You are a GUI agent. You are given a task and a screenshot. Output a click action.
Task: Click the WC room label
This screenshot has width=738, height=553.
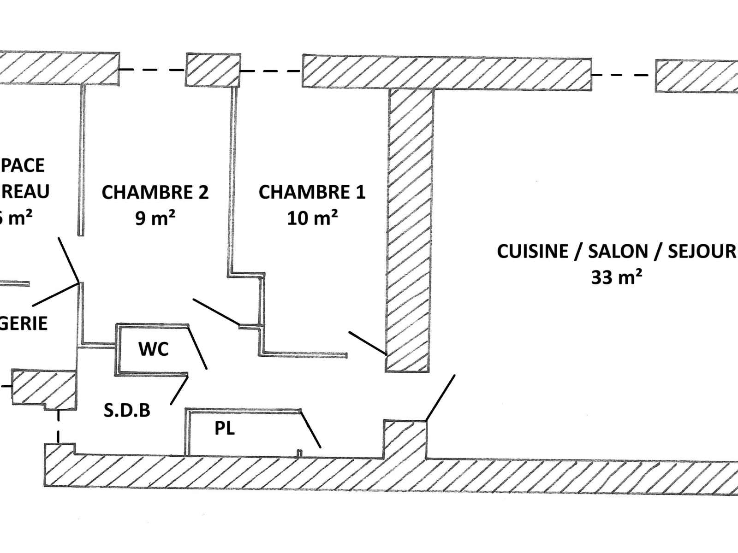pos(154,349)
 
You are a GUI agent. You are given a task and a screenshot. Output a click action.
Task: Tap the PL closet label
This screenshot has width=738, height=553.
pos(225,429)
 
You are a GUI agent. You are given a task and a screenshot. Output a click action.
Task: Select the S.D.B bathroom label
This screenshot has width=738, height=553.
pos(127,410)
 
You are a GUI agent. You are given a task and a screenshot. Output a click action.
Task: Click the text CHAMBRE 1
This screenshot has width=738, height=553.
pos(312,192)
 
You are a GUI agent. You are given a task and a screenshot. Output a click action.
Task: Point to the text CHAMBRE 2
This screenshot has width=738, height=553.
pos(155,192)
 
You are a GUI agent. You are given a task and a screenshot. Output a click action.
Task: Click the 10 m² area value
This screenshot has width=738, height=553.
pos(312,218)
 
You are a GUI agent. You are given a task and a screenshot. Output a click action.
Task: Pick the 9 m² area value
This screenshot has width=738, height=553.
pos(155,218)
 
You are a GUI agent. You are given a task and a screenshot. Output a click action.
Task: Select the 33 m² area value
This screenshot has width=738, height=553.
pos(617,277)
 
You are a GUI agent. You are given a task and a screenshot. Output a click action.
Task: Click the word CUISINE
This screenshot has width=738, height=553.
pos(532,252)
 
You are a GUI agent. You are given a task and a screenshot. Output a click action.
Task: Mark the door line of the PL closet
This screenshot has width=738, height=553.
pos(311,429)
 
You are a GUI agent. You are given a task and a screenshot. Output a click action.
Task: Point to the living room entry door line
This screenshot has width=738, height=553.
pos(440,398)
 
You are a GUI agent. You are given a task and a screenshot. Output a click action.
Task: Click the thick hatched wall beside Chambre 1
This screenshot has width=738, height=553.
pos(410,230)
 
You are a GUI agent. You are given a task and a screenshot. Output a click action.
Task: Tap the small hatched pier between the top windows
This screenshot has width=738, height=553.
pos(213,70)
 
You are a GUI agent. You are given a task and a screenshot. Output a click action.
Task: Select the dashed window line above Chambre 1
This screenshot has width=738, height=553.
pos(271,71)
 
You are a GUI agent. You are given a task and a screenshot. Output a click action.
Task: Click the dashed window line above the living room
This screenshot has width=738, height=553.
pos(623,75)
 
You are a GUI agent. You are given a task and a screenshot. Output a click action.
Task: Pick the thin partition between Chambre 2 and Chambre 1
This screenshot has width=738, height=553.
pos(233,180)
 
